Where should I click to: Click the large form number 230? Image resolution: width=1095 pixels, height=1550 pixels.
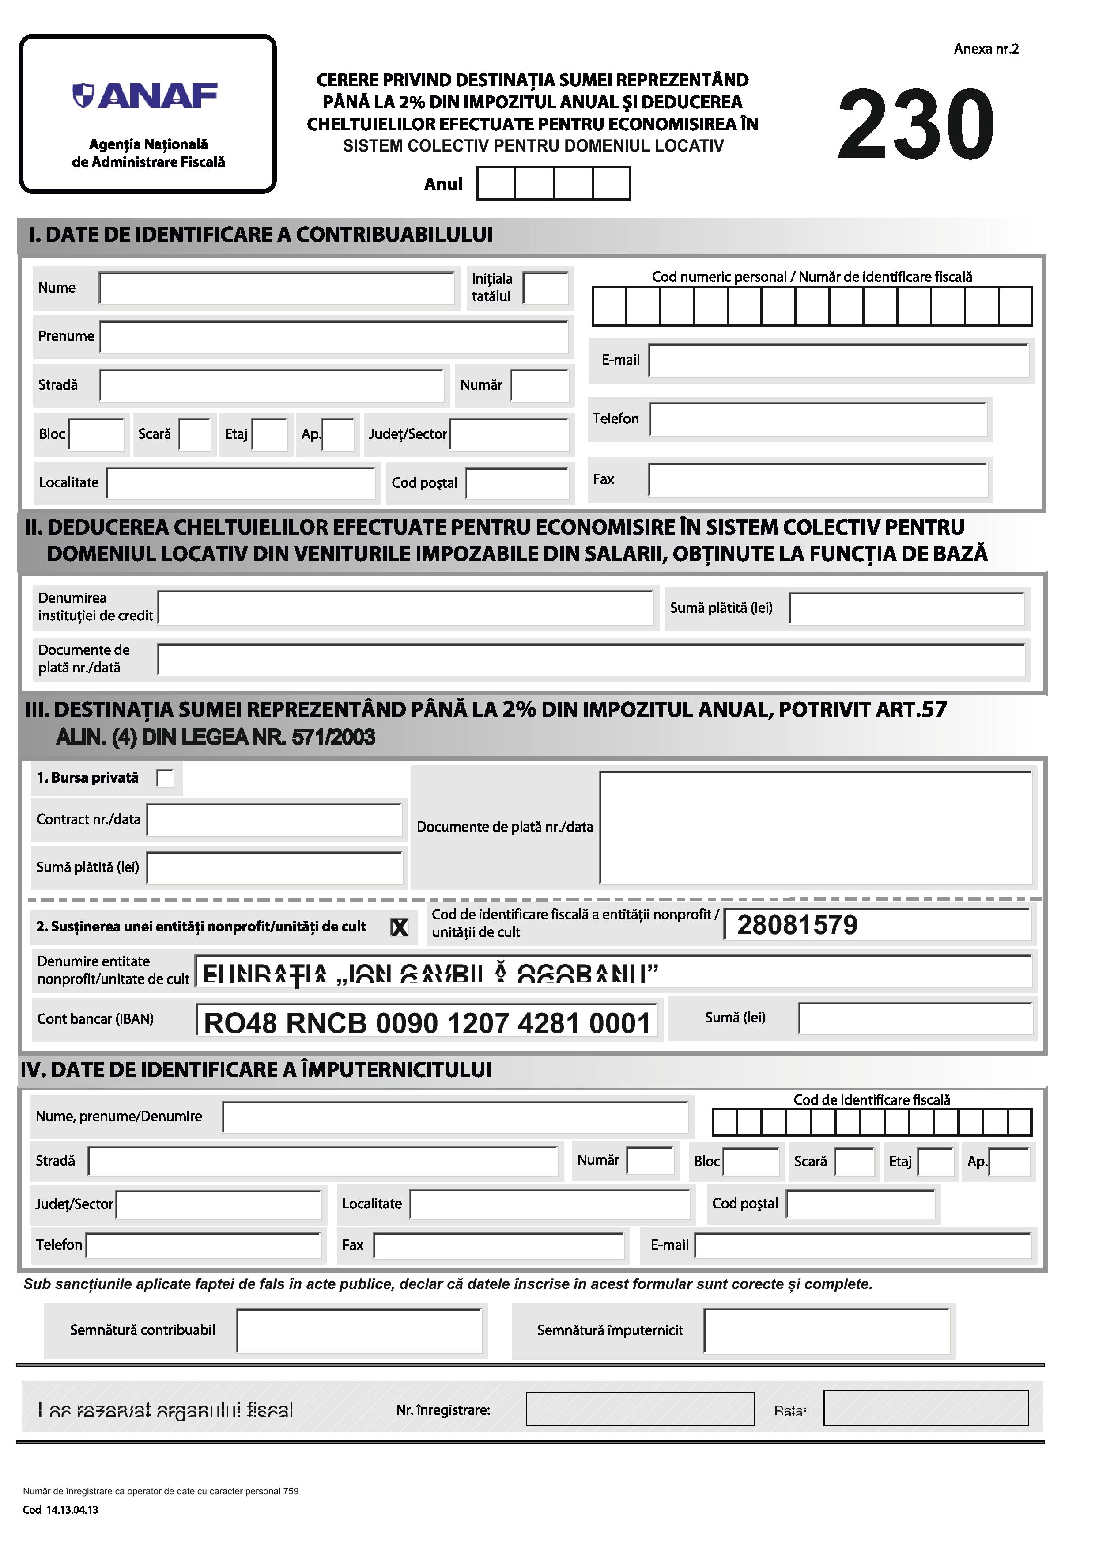(916, 125)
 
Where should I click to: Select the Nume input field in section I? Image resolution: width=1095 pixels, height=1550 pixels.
(276, 288)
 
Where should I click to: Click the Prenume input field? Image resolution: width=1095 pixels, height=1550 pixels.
(334, 337)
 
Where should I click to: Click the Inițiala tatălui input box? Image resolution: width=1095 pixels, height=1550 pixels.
(546, 288)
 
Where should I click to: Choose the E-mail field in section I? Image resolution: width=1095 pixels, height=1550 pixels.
(838, 361)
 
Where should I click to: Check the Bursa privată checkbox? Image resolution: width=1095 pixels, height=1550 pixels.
(165, 779)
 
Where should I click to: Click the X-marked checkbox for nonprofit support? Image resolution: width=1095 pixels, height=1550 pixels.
(400, 927)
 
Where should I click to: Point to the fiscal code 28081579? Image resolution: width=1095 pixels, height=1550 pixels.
(797, 925)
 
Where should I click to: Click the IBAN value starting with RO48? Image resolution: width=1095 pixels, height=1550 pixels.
(427, 1023)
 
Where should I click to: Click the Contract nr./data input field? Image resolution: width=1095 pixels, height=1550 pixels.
(275, 820)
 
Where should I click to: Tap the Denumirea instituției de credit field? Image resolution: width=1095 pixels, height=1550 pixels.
(405, 608)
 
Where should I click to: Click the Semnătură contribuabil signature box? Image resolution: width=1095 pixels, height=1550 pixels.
(359, 1330)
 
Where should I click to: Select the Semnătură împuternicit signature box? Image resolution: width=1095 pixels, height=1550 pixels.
(827, 1330)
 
